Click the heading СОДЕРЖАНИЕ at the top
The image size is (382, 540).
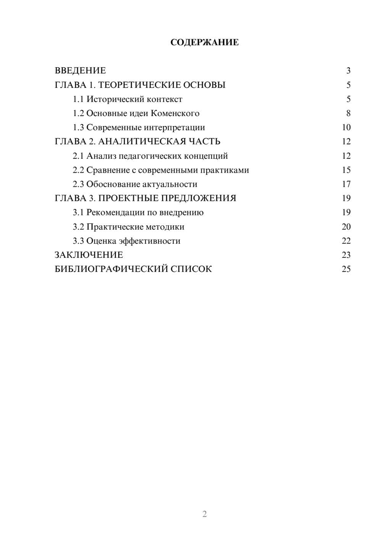[204, 42]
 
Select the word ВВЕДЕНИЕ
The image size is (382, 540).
[80, 71]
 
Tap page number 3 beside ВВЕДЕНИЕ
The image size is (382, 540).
[348, 71]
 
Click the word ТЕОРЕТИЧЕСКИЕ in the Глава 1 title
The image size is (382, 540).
[139, 85]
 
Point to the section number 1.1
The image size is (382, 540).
[78, 99]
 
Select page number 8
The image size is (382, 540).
[348, 113]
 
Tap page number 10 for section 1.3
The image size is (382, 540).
[346, 128]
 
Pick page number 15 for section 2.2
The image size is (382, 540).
[346, 170]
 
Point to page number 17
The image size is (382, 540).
[346, 184]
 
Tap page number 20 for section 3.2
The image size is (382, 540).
[346, 227]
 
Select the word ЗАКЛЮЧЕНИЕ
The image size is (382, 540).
[89, 255]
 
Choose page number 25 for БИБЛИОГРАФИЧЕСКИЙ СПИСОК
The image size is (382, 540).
[346, 269]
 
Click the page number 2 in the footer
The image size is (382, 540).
[204, 514]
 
